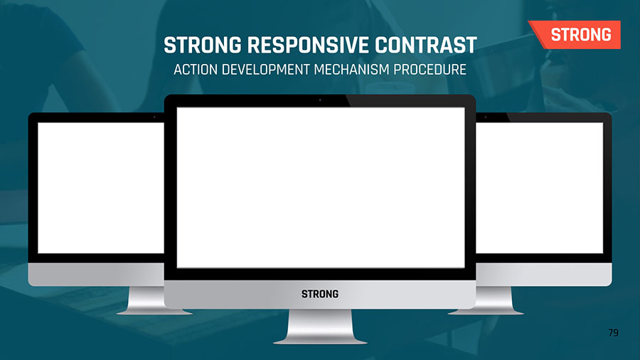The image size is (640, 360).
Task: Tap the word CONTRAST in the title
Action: [x=426, y=45]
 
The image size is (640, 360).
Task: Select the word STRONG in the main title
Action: [x=203, y=45]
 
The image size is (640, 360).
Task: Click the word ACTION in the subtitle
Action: [x=196, y=70]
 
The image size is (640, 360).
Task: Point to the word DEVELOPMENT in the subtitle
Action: [x=266, y=70]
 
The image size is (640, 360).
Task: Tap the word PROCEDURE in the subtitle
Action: [x=430, y=70]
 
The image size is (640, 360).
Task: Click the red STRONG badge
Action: [x=575, y=35]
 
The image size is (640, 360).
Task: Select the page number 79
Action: [x=614, y=333]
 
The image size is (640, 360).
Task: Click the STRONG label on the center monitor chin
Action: [x=320, y=294]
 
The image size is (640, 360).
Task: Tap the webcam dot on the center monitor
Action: [x=320, y=100]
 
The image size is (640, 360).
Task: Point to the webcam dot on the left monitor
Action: [x=154, y=117]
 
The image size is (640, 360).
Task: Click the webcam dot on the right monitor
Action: [x=486, y=117]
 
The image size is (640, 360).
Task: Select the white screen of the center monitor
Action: [x=321, y=188]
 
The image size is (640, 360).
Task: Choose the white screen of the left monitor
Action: [x=101, y=188]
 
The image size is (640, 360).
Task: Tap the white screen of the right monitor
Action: [x=540, y=188]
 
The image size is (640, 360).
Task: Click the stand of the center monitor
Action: [x=320, y=327]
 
